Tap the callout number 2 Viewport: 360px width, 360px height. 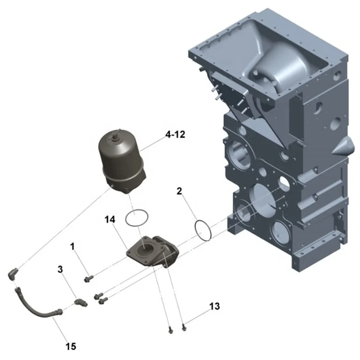180,192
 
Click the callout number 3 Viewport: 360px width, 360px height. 60,270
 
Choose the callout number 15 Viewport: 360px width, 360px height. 71,346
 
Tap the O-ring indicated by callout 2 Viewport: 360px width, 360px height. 204,229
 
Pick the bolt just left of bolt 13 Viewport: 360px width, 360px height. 170,331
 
